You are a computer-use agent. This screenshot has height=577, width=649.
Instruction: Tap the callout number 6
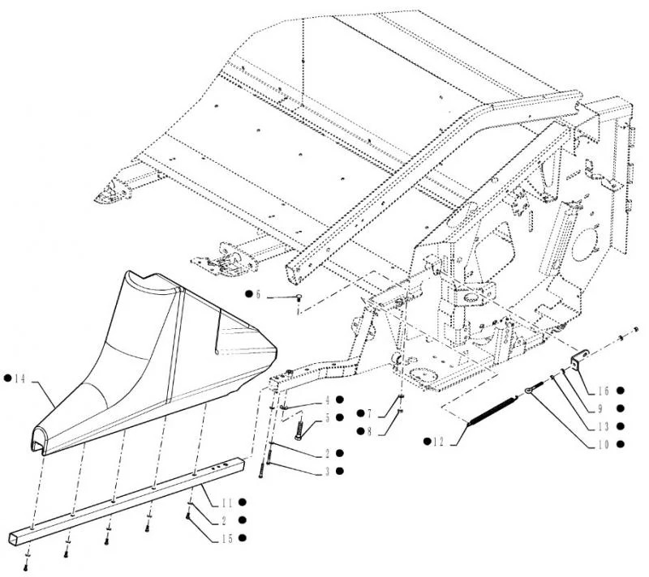pos(258,294)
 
